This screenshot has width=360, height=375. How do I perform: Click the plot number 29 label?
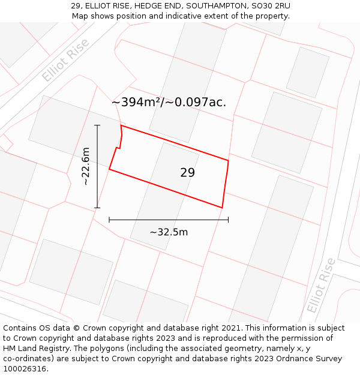point(187,173)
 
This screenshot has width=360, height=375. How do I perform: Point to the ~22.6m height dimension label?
point(86,166)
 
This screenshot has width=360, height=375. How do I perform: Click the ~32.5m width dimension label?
point(169,232)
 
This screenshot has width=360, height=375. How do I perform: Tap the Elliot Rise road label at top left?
point(65,60)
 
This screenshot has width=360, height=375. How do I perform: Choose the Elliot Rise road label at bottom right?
point(322,285)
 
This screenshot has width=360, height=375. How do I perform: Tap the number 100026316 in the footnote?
point(25,368)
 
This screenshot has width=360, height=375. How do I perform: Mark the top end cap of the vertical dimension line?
point(97,125)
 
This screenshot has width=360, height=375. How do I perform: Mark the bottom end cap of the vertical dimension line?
point(97,208)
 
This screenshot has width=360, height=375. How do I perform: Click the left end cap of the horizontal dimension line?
point(109,220)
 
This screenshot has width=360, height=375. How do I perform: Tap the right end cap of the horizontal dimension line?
point(228,220)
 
